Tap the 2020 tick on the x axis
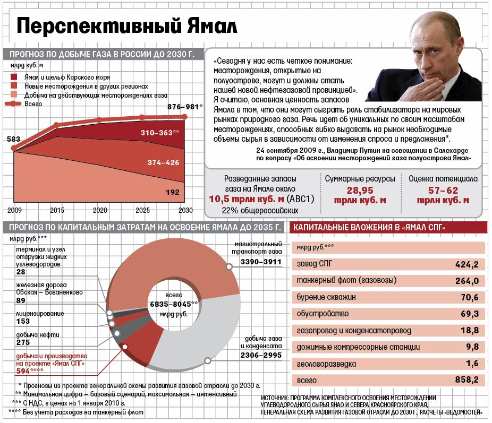click(x=99, y=211)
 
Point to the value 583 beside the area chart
click(x=13, y=139)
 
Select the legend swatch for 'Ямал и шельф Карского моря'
click(x=14, y=77)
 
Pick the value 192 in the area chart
click(x=173, y=192)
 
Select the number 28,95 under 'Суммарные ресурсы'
click(x=360, y=190)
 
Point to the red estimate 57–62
click(x=443, y=190)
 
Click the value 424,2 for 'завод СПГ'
click(x=467, y=264)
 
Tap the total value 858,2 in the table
click(x=467, y=380)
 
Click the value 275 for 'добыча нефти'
click(x=23, y=343)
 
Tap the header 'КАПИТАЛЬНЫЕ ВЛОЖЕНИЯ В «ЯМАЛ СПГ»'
click(x=369, y=228)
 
